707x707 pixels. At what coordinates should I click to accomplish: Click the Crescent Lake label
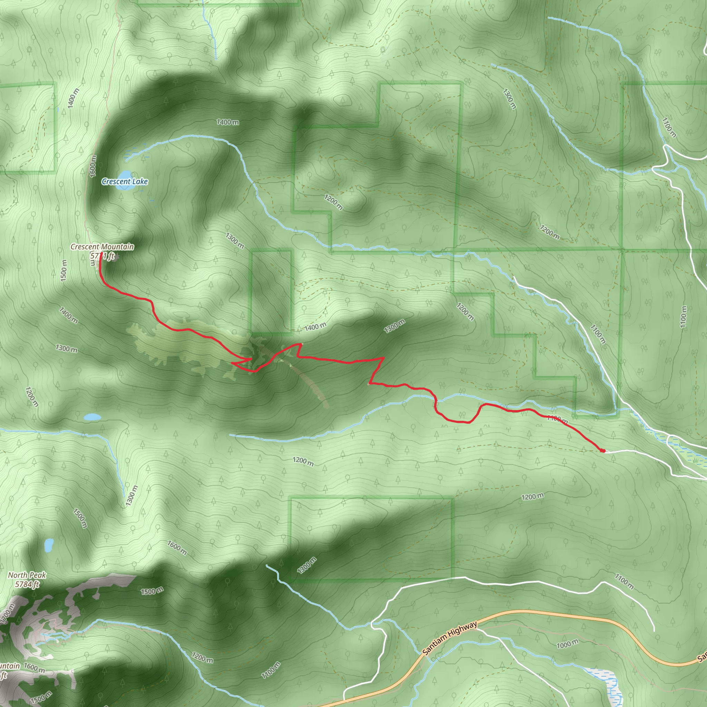click(125, 182)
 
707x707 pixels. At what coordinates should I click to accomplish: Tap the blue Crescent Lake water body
click(125, 175)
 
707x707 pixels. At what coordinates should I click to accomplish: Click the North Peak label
click(27, 575)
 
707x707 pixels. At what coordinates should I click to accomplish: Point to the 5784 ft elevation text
click(27, 584)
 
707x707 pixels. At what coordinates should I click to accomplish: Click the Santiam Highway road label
click(450, 638)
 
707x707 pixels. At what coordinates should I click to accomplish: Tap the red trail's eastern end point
click(602, 451)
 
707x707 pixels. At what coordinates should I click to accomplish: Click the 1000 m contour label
click(568, 644)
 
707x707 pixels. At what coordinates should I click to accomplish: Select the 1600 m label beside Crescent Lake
click(93, 166)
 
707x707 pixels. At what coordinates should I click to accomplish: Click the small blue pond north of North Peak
click(49, 545)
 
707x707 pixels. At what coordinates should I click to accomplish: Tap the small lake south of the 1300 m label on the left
click(92, 417)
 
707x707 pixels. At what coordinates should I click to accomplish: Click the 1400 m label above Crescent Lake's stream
click(227, 122)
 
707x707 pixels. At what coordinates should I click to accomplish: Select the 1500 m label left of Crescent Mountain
click(64, 270)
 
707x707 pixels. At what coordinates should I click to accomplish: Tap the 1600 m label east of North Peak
click(177, 548)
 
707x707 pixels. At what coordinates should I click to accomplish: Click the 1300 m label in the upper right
click(509, 99)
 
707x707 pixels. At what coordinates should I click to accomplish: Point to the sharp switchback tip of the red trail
click(232, 364)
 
